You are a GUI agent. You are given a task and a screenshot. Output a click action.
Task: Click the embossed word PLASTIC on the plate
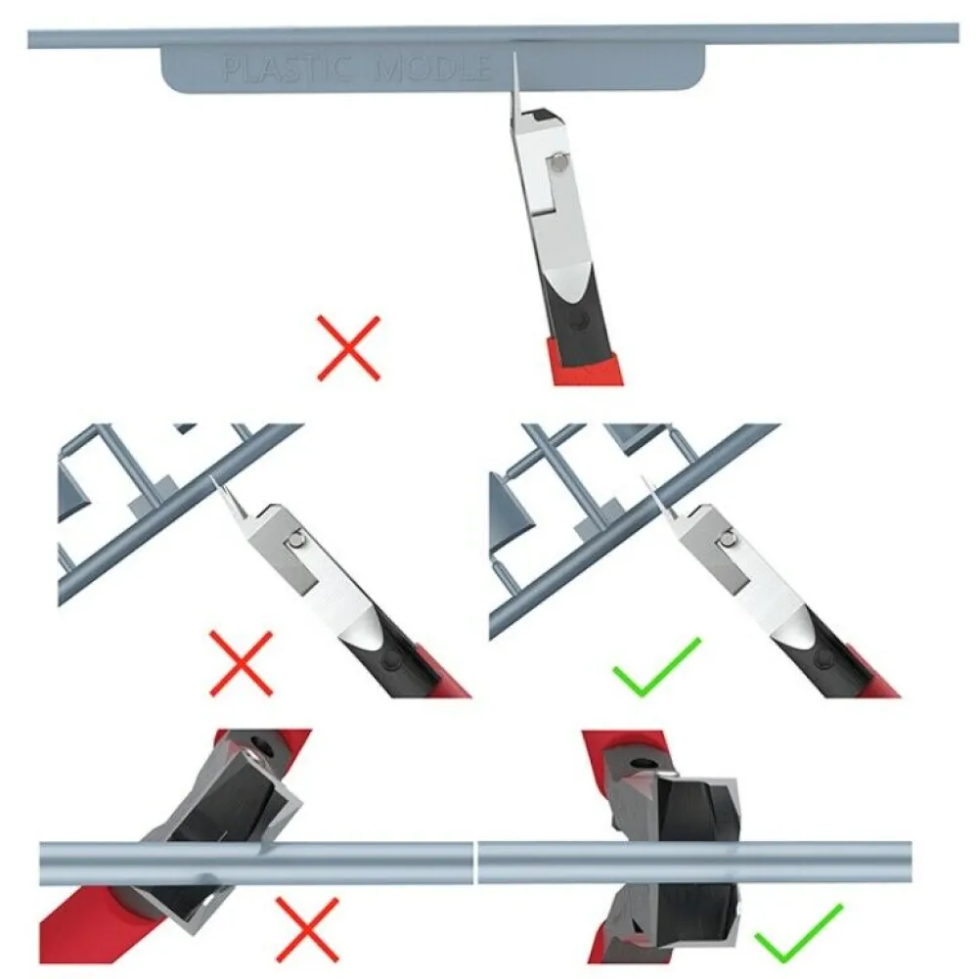point(287,68)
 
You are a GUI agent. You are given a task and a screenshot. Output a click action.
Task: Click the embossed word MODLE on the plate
point(431,68)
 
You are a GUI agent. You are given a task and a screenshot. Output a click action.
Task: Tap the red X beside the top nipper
point(348,348)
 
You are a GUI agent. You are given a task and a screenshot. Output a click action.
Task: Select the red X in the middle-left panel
point(241,663)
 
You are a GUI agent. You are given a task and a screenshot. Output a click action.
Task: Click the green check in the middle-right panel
point(657,667)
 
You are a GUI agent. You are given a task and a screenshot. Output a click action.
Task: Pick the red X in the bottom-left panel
point(307,929)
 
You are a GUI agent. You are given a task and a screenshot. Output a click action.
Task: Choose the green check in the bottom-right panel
point(799,932)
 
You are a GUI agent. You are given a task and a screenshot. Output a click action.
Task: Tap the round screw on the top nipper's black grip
point(580,321)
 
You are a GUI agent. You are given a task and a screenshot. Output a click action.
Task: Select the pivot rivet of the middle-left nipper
point(298,538)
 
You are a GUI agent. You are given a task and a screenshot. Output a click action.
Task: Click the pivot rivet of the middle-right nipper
point(727,537)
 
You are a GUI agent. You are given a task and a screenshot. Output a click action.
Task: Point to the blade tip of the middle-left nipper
point(213,477)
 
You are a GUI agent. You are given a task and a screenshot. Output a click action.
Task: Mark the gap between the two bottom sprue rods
point(475,863)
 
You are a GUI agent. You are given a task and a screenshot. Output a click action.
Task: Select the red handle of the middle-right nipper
point(868,673)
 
